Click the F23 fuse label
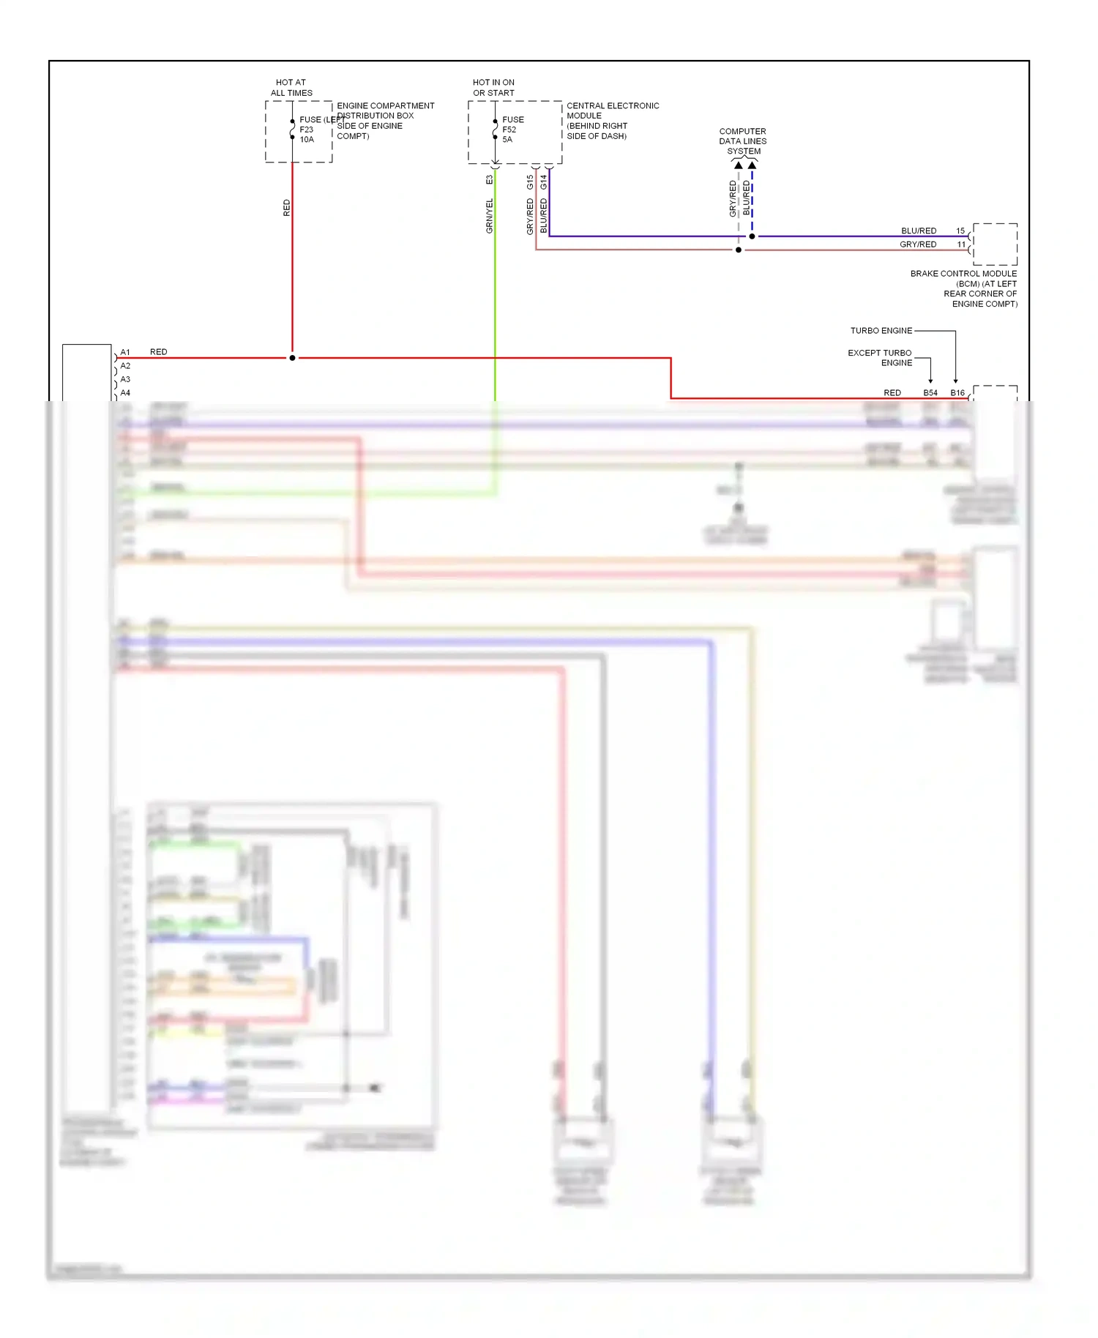click(306, 130)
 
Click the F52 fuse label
click(509, 130)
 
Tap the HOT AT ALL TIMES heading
click(291, 88)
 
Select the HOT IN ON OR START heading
click(493, 88)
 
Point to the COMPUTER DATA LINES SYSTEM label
click(743, 141)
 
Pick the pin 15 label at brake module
click(960, 231)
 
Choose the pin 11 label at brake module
click(961, 244)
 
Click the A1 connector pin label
click(125, 352)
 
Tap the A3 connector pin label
click(125, 379)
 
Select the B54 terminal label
click(930, 393)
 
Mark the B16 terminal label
click(957, 393)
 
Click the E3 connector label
click(490, 179)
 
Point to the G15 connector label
click(530, 182)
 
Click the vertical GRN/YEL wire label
click(490, 216)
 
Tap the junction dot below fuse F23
click(292, 358)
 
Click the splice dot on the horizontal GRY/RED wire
click(739, 250)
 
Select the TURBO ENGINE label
click(881, 331)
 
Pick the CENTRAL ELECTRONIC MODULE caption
click(613, 121)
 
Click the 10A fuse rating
click(307, 140)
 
